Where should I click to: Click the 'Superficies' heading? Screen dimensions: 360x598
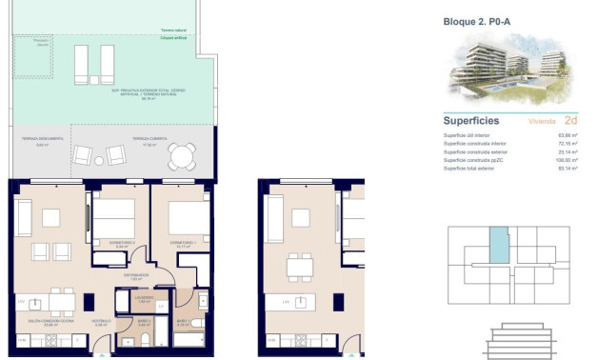tap(471, 121)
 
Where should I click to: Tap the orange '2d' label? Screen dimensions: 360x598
tap(570, 121)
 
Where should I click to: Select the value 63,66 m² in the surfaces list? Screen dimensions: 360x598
tap(568, 136)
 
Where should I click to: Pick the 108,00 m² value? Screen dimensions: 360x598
tap(568, 160)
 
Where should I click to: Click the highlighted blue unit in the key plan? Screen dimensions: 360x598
tap(499, 246)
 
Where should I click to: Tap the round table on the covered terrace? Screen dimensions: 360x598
tap(179, 156)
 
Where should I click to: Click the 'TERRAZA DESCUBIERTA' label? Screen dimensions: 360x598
tap(42, 139)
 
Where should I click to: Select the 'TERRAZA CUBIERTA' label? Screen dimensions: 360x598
tap(126, 139)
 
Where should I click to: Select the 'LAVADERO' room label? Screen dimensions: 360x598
tap(144, 297)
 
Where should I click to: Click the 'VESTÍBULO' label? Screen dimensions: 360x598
tap(101, 321)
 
